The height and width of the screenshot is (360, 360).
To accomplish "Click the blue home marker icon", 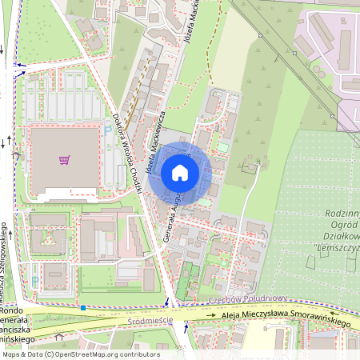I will [180, 172].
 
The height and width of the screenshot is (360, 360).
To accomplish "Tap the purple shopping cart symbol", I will [64, 159].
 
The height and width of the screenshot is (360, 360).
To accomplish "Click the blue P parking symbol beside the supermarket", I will [108, 128].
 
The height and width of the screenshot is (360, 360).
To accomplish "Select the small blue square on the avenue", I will [82, 307].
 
